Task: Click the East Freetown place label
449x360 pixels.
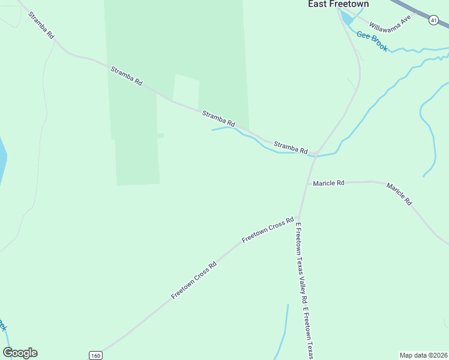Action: point(338,4)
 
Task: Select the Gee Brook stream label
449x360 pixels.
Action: point(372,41)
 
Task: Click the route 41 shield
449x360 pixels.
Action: point(433,20)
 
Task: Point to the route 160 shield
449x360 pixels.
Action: point(95,355)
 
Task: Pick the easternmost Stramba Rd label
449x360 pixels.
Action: point(291,147)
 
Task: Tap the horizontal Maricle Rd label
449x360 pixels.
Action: point(328,183)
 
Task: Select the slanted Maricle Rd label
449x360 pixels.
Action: point(399,194)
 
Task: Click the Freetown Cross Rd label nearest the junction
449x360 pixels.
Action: point(268,229)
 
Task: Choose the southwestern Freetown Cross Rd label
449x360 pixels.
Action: point(193,280)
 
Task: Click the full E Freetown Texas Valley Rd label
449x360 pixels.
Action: point(301,264)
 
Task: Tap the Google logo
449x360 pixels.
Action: point(20,353)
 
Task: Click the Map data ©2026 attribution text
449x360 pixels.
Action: point(424,355)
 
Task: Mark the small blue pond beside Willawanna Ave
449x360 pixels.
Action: point(347,17)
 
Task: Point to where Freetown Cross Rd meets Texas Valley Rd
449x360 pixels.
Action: point(298,217)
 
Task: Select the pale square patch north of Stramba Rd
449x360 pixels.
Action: point(186,89)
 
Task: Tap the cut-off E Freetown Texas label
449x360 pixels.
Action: point(309,334)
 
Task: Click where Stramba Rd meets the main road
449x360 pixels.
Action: point(315,153)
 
